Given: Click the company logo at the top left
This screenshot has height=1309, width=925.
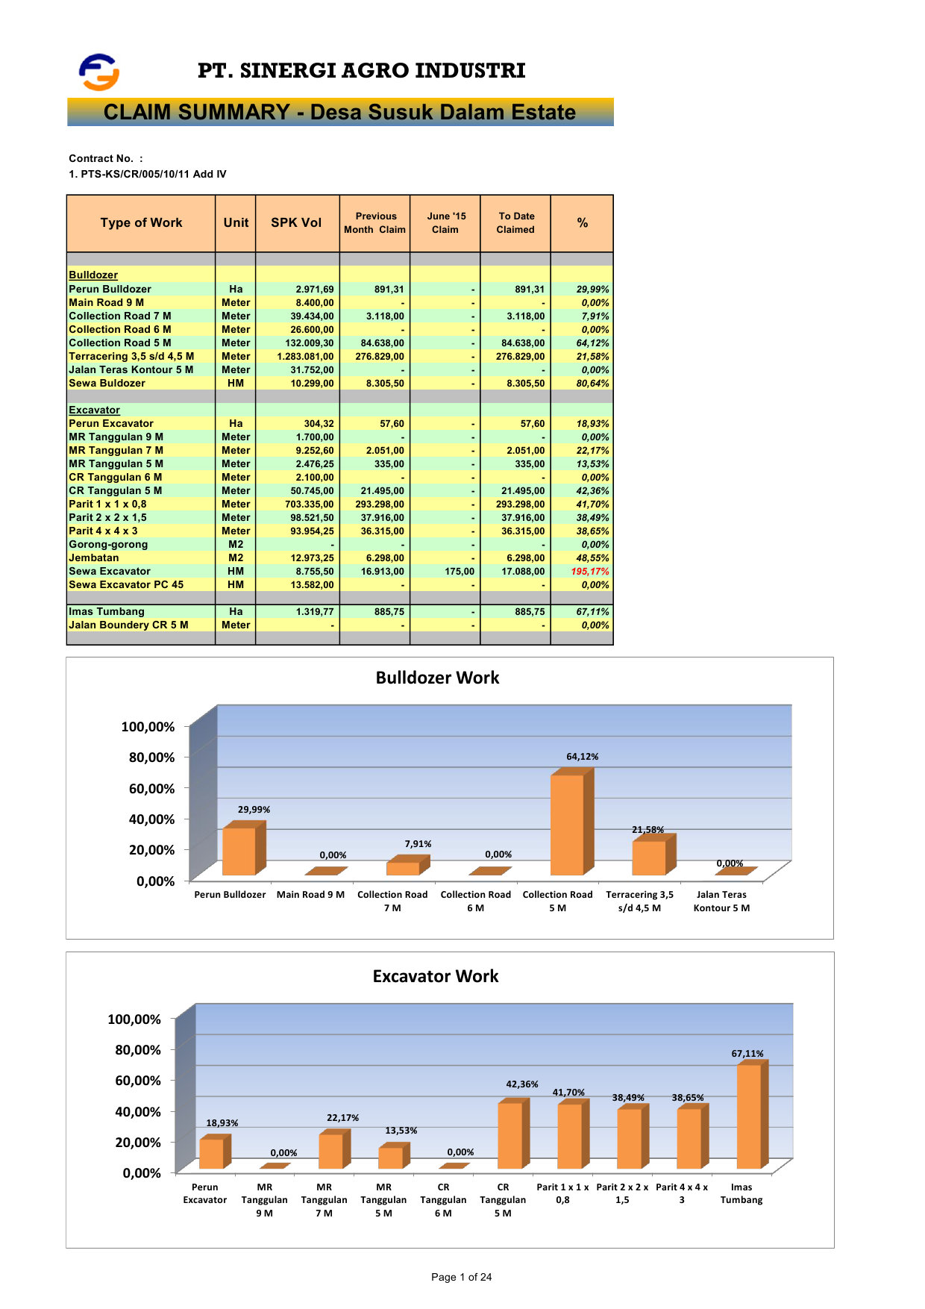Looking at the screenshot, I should (99, 72).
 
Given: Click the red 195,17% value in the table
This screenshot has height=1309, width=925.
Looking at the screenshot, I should (589, 572).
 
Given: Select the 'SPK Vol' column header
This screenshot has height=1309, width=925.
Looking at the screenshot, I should (296, 223).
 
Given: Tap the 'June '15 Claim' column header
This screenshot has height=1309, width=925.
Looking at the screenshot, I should (445, 223).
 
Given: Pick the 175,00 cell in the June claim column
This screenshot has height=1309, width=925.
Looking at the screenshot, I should (460, 572).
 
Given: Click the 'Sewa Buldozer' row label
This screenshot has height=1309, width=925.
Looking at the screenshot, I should (107, 384).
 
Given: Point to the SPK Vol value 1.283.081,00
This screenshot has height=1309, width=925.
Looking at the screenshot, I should (305, 357).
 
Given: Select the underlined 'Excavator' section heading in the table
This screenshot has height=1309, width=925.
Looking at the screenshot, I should (94, 410).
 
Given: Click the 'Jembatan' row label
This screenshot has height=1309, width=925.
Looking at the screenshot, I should (93, 558).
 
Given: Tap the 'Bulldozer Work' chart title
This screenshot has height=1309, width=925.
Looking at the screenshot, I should (437, 678).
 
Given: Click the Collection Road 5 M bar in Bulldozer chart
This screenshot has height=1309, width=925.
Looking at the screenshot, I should (567, 825).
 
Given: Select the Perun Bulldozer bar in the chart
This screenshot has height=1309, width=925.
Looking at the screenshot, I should (239, 851).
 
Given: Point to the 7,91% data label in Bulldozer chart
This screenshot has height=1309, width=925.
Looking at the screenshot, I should (418, 844).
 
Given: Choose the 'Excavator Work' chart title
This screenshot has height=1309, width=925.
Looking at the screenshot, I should (436, 976).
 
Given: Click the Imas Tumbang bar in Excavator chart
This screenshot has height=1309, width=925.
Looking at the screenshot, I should (749, 1116).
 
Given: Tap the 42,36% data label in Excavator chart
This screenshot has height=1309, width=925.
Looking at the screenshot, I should (522, 1084).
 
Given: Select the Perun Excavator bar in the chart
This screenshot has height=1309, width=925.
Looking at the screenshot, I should (211, 1153).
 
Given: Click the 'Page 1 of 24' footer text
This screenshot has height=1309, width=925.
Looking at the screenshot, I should (461, 1277).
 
